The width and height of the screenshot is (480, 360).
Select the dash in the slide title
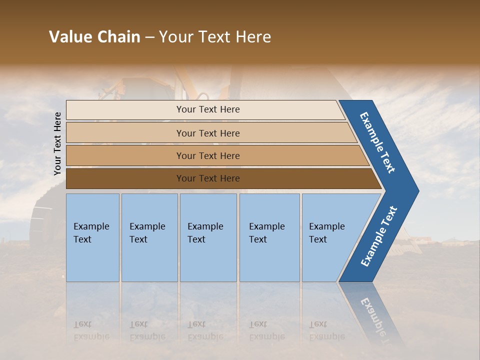149,37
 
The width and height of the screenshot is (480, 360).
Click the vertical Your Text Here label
57,143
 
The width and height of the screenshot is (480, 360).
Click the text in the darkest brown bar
208,178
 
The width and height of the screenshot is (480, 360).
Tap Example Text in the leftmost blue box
91,232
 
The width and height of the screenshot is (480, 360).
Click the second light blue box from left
149,237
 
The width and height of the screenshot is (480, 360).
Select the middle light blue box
208,237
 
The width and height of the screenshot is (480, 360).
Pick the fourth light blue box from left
269,237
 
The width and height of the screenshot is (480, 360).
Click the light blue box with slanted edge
330,237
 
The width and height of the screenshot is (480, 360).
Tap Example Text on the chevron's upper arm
377,142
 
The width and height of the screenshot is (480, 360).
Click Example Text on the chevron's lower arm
378,236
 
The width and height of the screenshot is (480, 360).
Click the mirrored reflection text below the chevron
375,317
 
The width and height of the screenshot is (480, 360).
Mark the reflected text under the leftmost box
91,330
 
